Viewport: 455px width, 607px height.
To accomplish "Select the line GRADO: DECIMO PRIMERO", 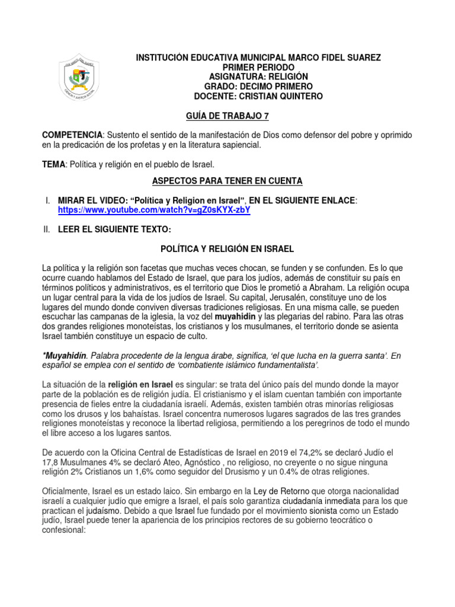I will click(259, 87).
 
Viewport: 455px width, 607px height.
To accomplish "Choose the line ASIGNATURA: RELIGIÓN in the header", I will click(259, 77).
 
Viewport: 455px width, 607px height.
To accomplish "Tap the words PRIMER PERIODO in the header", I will click(259, 68).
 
